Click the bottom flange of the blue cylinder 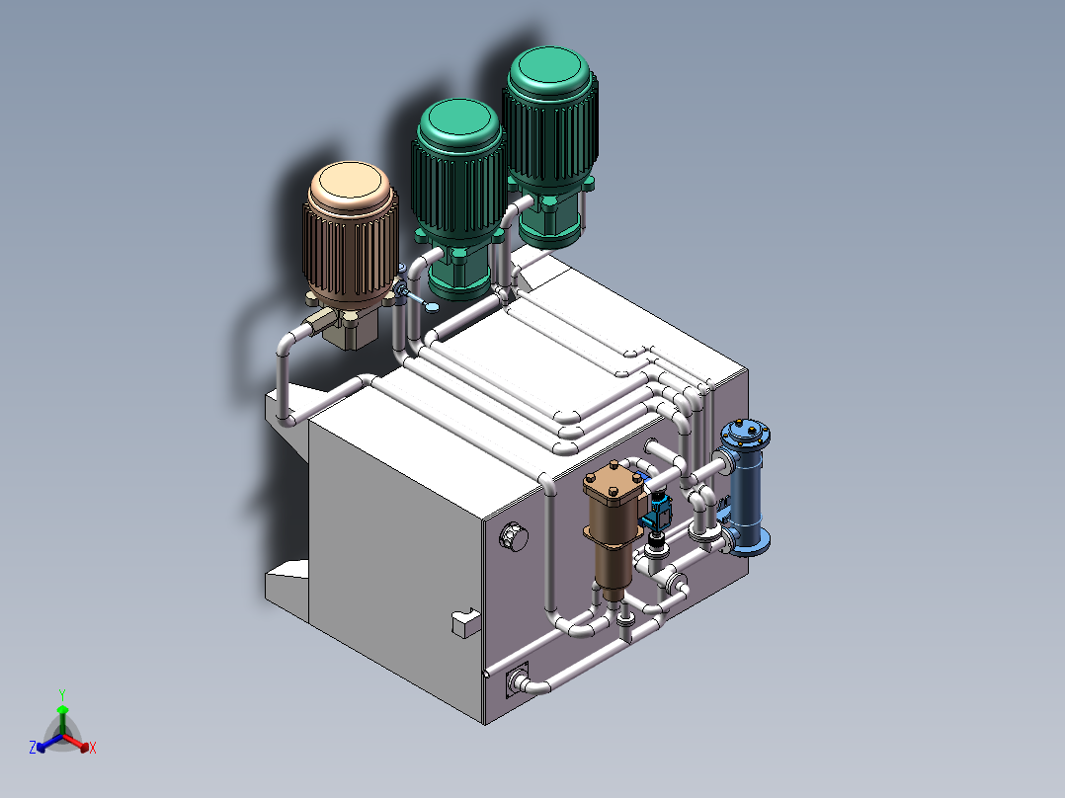pos(751,540)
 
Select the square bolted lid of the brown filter pos(614,487)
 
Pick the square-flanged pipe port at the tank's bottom pos(516,680)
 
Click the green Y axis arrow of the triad pos(61,711)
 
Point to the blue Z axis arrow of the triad pos(41,747)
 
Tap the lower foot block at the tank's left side pos(287,583)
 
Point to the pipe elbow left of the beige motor pos(287,345)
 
